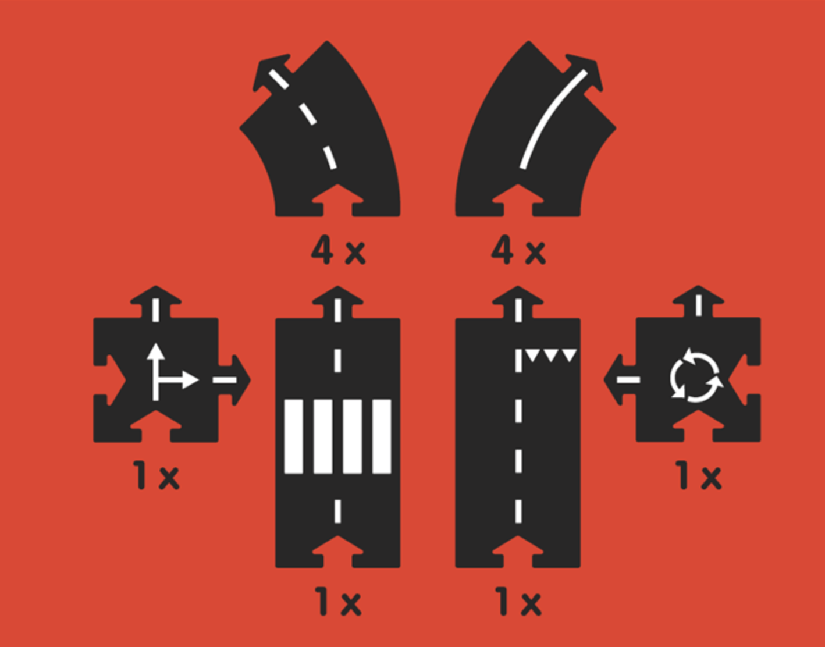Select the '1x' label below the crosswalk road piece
click(338, 600)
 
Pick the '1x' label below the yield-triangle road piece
click(518, 600)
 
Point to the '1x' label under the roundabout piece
click(698, 475)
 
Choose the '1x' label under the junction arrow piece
click(156, 475)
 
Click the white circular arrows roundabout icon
click(696, 375)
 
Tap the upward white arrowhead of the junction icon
click(156, 351)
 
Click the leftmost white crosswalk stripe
click(293, 436)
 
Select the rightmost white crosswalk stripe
click(382, 436)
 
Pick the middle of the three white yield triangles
click(551, 356)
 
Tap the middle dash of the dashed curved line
click(308, 113)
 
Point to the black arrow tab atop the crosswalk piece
click(338, 302)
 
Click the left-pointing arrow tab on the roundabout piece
click(620, 380)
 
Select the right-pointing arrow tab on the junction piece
click(234, 380)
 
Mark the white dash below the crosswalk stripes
click(337, 511)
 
